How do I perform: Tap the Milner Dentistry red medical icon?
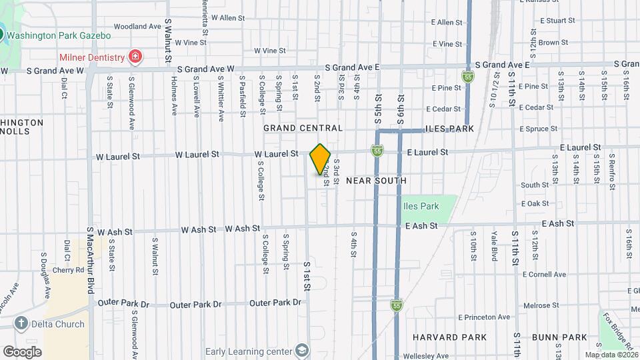tap(135, 57)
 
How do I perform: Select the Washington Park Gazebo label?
tap(59, 35)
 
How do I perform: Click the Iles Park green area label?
tap(421, 206)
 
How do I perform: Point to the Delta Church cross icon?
tap(21, 324)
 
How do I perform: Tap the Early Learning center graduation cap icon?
tap(303, 351)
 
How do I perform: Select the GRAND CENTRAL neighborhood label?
tap(303, 128)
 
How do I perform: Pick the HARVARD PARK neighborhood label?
tap(449, 337)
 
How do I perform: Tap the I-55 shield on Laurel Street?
tap(377, 152)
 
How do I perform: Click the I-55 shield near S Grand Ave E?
tap(469, 77)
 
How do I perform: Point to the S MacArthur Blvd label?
tap(89, 261)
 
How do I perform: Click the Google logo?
tap(22, 351)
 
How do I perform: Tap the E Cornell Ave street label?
tap(544, 274)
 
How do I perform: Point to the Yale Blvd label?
tap(494, 245)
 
